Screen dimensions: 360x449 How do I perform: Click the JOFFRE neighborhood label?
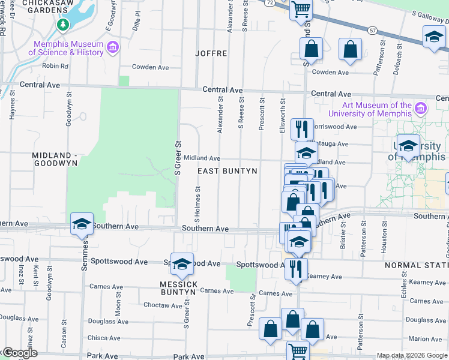pos(211,53)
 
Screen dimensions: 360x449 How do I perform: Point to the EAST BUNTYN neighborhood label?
pos(228,171)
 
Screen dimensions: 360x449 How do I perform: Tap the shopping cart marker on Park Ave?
pos(298,350)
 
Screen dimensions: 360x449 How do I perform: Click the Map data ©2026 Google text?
pos(412,355)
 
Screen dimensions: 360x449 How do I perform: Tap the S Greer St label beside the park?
pos(178,158)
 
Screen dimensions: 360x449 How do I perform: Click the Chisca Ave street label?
pos(103,338)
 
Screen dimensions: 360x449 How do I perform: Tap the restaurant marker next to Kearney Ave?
pos(296,268)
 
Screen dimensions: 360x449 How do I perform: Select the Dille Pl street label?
pos(137,29)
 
